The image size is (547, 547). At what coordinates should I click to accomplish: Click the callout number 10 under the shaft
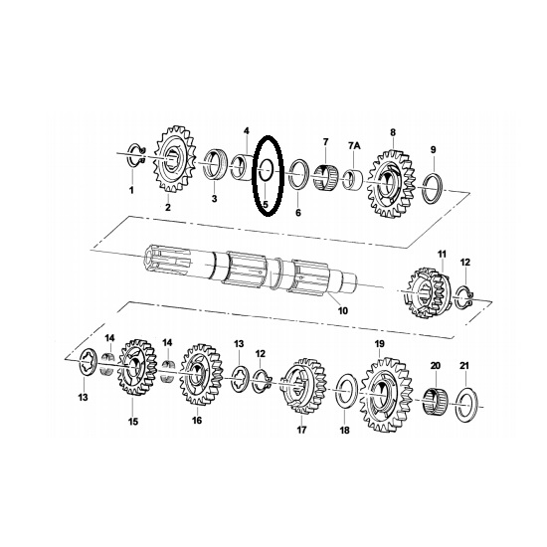(343, 310)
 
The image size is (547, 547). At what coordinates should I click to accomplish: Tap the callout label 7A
(354, 146)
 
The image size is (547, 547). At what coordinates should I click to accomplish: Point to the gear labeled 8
(391, 182)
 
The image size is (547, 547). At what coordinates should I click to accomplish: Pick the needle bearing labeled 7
(324, 178)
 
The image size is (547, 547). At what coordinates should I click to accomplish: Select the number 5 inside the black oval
(266, 204)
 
